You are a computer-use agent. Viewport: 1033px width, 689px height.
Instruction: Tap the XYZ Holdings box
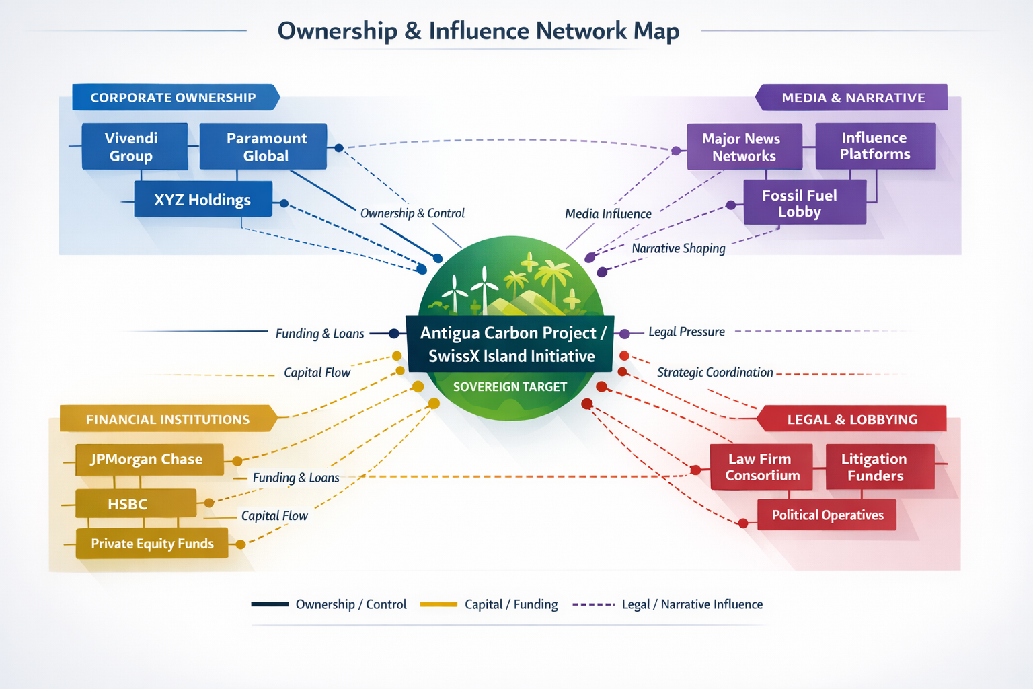tap(203, 199)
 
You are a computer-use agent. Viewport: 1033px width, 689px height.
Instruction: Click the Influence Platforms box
tap(875, 146)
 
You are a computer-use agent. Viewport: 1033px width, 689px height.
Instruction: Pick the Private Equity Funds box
tap(152, 544)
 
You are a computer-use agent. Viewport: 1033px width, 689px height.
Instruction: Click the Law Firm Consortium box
tap(761, 467)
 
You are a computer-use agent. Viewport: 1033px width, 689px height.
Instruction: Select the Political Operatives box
tap(827, 515)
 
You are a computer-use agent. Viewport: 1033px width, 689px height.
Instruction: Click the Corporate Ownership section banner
tap(174, 98)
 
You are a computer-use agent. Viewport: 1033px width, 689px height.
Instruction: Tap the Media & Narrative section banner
tap(853, 98)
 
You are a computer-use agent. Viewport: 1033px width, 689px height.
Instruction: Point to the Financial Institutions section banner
tap(167, 419)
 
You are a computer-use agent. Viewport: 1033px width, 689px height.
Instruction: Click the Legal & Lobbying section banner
tap(852, 419)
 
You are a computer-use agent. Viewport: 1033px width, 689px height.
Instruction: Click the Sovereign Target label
tap(510, 387)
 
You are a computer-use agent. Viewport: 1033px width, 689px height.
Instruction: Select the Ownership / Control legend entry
tap(329, 604)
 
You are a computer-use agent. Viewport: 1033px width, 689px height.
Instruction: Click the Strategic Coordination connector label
tap(714, 373)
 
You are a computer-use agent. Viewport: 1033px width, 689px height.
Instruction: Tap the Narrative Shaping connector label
tap(678, 248)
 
